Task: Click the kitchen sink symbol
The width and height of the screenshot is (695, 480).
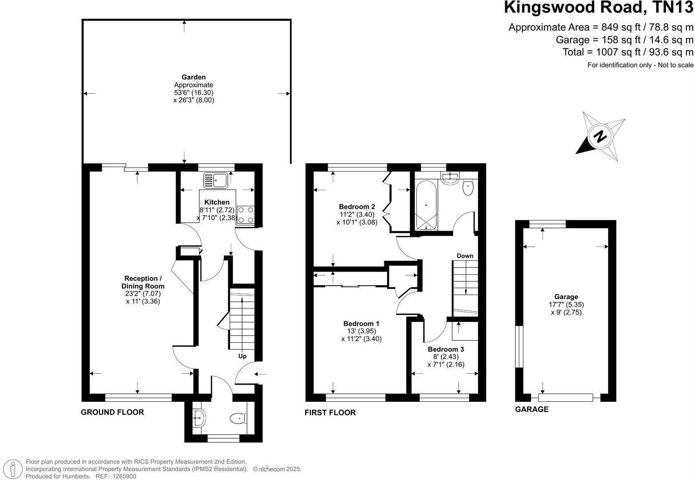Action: (215, 180)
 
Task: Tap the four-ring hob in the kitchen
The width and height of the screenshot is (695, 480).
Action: (246, 215)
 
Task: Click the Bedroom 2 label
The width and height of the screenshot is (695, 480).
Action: (356, 207)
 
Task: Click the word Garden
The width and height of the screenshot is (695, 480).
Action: (194, 77)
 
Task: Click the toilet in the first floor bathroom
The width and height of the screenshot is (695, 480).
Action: (468, 188)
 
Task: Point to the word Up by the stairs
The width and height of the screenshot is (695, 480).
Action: (242, 356)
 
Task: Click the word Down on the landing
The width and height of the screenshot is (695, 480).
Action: (465, 256)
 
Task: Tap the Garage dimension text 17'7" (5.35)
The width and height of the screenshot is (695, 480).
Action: (566, 304)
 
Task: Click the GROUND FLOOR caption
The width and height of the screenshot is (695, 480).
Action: (112, 412)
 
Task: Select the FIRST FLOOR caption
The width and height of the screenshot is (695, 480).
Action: (330, 412)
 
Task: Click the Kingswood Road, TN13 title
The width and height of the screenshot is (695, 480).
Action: (598, 8)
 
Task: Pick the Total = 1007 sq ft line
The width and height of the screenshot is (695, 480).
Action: (628, 52)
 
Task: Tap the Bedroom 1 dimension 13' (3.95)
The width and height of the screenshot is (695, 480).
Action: (361, 331)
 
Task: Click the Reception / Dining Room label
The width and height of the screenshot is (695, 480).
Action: (143, 282)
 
